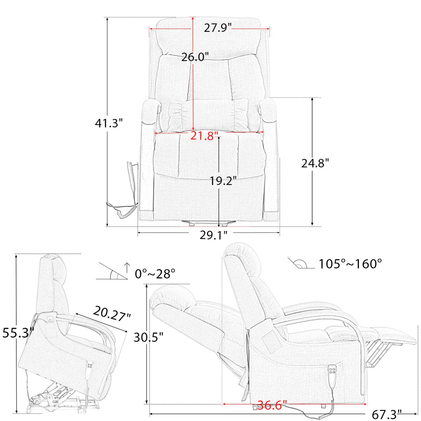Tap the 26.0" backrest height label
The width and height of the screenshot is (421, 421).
(195, 57)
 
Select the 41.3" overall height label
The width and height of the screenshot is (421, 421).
(109, 123)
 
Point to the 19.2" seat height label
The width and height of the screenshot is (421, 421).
(223, 180)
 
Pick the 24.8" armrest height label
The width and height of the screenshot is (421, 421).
(315, 163)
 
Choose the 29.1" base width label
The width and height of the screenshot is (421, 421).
(213, 235)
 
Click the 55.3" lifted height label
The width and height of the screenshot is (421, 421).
(17, 333)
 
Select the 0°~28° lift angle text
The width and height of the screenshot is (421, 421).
(155, 274)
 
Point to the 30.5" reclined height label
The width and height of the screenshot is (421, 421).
(148, 337)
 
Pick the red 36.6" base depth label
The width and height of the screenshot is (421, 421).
(272, 405)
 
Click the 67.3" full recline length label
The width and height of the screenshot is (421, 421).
(387, 414)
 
